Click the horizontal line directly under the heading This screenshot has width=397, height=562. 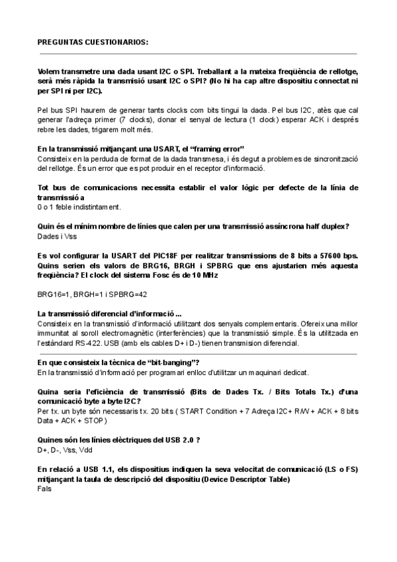click(x=198, y=53)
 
